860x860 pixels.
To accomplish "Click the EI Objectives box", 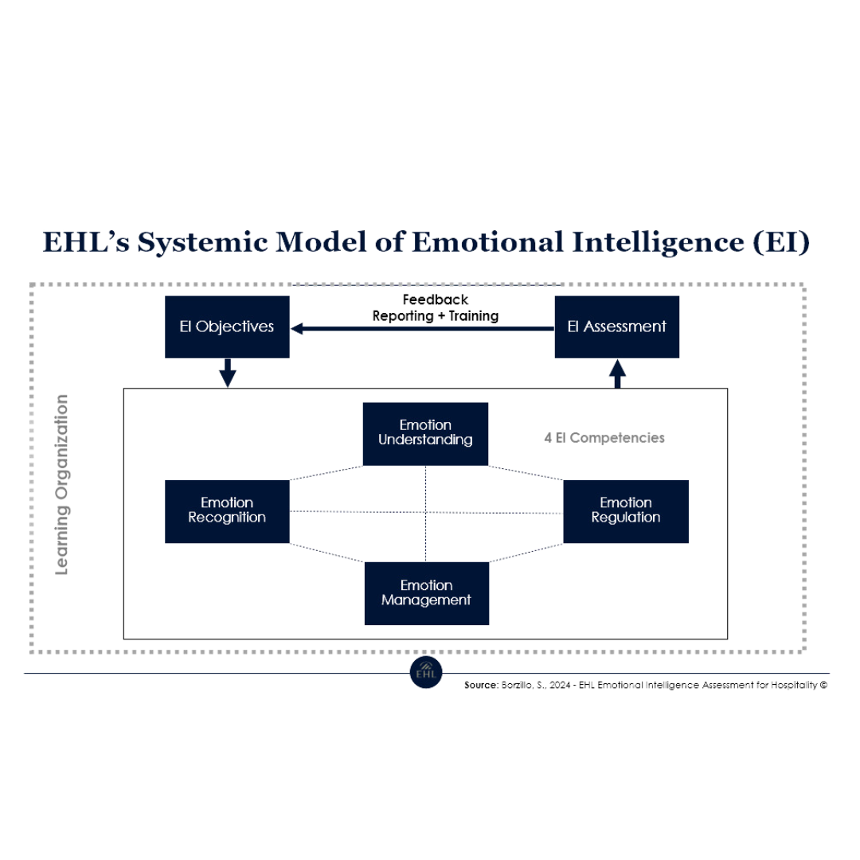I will tap(227, 326).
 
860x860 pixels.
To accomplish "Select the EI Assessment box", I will tap(617, 326).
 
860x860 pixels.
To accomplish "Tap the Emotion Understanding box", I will tap(425, 433).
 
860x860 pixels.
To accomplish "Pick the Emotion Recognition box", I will tap(227, 511).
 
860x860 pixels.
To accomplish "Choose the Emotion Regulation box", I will tap(626, 511).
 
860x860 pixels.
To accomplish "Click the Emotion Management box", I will tap(426, 593).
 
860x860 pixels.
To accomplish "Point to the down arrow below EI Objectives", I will tap(228, 373).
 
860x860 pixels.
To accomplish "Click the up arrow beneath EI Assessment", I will tap(617, 373).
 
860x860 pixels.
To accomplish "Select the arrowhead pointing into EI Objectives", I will tap(299, 326).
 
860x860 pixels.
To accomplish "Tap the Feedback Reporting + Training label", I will tap(435, 308).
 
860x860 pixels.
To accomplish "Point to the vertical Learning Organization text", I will tap(62, 484).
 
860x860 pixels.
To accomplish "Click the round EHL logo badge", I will tap(424, 673).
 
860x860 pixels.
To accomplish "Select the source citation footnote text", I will tap(645, 684).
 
